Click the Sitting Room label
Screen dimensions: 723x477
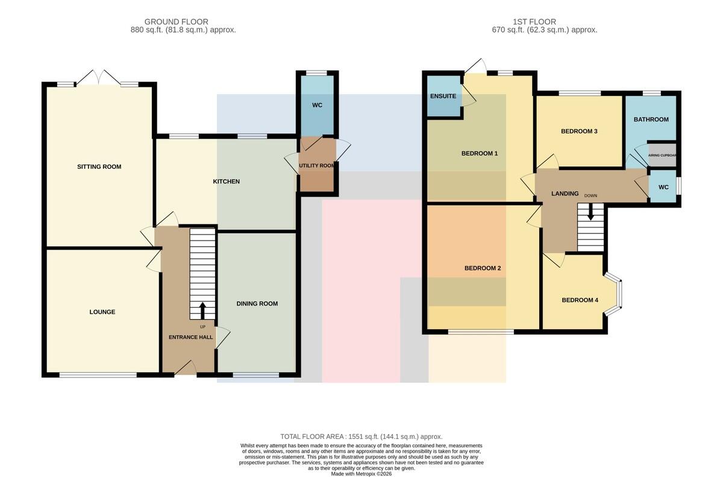(x=99, y=166)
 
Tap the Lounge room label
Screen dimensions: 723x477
(x=102, y=312)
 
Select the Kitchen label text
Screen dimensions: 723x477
(x=227, y=182)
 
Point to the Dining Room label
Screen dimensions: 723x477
(x=257, y=303)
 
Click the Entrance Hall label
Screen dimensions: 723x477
(x=191, y=337)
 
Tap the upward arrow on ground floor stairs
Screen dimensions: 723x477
(x=202, y=311)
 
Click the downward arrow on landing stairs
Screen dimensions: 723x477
(x=590, y=212)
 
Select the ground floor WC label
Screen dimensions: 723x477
(x=318, y=106)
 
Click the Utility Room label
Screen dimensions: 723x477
(x=317, y=166)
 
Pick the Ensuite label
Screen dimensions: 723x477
(x=443, y=96)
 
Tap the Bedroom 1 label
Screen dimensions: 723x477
(x=480, y=153)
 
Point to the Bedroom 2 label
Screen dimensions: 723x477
(x=483, y=268)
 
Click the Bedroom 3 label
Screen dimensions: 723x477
(x=579, y=131)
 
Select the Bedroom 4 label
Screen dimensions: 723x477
(x=580, y=300)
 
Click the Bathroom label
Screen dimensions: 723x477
(x=651, y=119)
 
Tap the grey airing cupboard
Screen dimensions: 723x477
(x=662, y=156)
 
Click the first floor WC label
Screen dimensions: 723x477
(x=663, y=188)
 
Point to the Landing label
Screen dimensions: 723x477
(x=565, y=194)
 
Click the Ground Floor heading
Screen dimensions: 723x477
(x=176, y=22)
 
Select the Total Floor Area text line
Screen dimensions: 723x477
(x=361, y=437)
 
